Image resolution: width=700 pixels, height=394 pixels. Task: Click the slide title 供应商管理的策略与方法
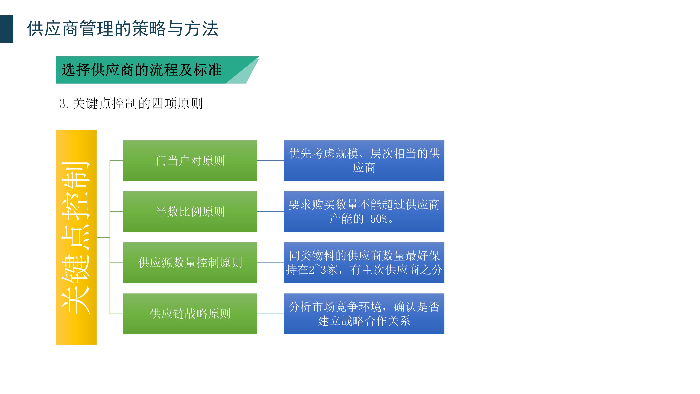point(123,29)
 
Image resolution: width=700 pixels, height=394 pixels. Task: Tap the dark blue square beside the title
point(7,29)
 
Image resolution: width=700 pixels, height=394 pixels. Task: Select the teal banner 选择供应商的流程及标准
point(141,70)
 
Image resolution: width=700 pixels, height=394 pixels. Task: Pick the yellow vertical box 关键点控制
point(76,237)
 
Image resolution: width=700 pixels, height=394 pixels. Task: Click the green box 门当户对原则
point(190,161)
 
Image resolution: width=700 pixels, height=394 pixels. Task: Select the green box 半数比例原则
point(190,212)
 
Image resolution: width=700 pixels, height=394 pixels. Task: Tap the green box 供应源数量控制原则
point(190,263)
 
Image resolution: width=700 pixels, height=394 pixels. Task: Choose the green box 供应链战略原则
point(190,314)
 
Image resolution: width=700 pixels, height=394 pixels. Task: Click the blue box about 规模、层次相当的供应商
point(364,161)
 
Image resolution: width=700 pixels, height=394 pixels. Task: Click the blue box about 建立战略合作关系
point(364,314)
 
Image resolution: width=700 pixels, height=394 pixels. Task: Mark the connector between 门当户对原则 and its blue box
point(270,161)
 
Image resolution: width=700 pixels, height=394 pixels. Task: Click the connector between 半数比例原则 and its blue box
point(270,212)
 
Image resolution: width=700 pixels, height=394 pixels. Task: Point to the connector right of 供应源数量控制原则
point(270,263)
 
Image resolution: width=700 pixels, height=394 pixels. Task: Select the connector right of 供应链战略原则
point(270,314)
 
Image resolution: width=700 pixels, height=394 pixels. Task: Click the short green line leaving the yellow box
point(103,237)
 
